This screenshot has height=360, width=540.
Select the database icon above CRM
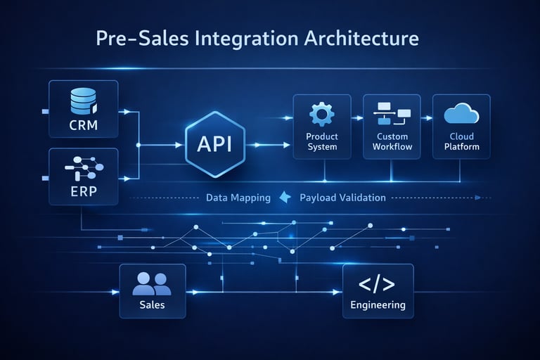(83, 101)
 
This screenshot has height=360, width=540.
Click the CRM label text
(83, 127)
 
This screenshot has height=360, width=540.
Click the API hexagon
(214, 144)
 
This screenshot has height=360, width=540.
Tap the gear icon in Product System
(322, 113)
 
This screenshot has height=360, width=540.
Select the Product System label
(322, 141)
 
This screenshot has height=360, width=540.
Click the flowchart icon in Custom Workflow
(392, 112)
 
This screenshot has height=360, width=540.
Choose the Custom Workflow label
(392, 141)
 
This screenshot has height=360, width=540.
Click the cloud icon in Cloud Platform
(461, 113)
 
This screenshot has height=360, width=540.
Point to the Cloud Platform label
(461, 141)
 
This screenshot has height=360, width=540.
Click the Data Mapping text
(238, 198)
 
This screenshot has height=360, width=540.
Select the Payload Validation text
(342, 198)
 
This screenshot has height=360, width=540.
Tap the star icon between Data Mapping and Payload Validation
(285, 198)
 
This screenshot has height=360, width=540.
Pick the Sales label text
(152, 304)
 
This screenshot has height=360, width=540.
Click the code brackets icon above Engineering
(377, 284)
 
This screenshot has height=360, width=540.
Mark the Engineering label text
(378, 305)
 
